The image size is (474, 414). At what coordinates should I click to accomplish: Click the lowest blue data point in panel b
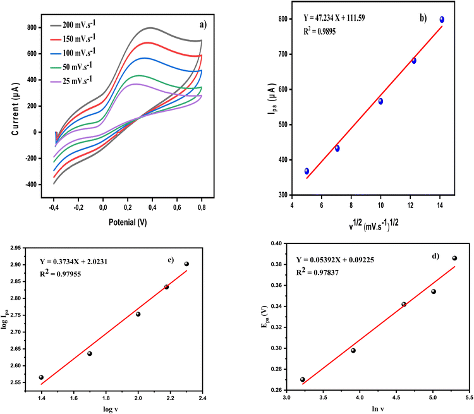307,171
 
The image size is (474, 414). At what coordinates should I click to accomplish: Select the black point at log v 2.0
138,314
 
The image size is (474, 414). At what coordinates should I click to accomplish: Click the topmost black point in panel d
454,258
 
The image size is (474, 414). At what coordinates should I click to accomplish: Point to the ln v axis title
375,409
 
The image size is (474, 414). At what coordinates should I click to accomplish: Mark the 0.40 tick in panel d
275,243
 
